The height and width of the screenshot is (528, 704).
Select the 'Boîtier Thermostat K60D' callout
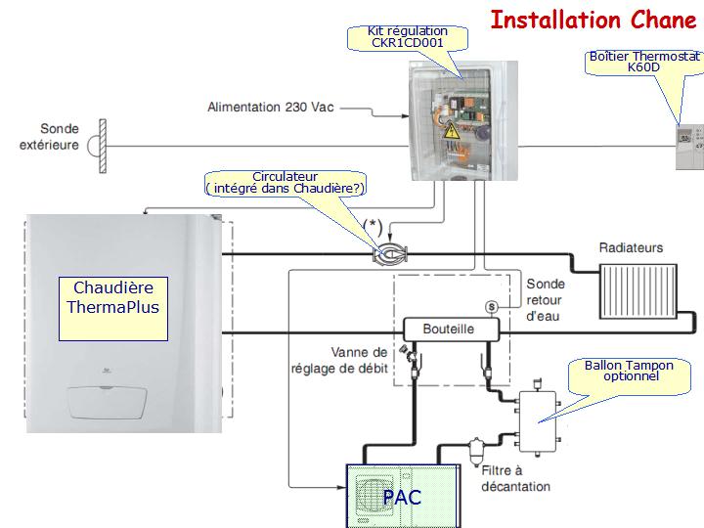coord(644,62)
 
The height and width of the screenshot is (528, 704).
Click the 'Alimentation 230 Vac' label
coord(271,106)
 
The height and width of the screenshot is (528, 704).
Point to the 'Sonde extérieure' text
coord(60,137)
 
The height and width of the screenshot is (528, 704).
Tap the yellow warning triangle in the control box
coord(452,132)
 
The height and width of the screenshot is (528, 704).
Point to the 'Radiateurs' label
coord(631,248)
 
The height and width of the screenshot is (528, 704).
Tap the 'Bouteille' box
coord(448,329)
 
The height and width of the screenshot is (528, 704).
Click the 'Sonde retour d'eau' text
coord(546,299)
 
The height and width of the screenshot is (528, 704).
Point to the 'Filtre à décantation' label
coord(514,478)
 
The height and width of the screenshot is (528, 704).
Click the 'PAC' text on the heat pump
coord(401,498)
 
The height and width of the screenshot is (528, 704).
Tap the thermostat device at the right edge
coord(684,143)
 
